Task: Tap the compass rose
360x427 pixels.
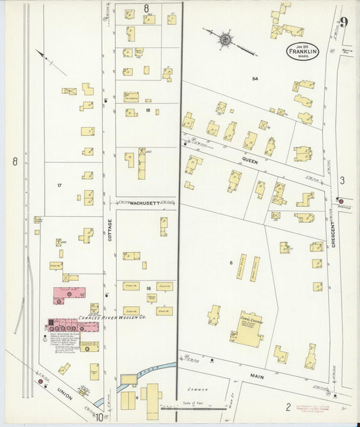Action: pos(224,39)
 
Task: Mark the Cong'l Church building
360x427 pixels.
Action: pos(247,331)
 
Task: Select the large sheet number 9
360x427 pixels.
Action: pos(344,22)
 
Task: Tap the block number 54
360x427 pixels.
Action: pos(255,79)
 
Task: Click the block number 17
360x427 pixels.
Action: pos(59,184)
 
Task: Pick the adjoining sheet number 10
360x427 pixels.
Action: pos(99,417)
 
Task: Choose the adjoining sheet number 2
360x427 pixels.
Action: pos(288,407)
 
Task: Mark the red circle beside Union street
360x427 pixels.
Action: pos(41,382)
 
